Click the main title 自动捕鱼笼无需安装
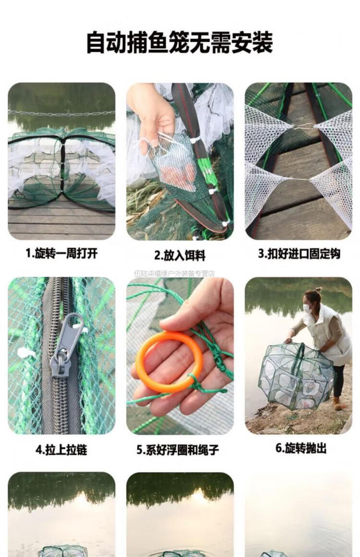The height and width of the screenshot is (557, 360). tap(180, 42)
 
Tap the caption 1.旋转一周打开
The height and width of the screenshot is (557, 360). tap(61, 253)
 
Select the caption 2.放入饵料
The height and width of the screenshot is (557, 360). tap(180, 255)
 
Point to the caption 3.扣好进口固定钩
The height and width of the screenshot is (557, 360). tap(299, 254)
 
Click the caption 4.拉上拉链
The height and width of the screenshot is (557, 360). tap(61, 450)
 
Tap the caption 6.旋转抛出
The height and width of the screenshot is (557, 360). tap(300, 448)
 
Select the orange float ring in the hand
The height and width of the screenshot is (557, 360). tap(169, 362)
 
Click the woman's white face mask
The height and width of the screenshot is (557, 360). tap(307, 308)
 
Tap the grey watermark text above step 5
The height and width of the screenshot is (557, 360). tap(175, 273)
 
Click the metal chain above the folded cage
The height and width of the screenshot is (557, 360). tap(61, 113)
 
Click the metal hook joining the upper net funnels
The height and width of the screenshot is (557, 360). tap(303, 126)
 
